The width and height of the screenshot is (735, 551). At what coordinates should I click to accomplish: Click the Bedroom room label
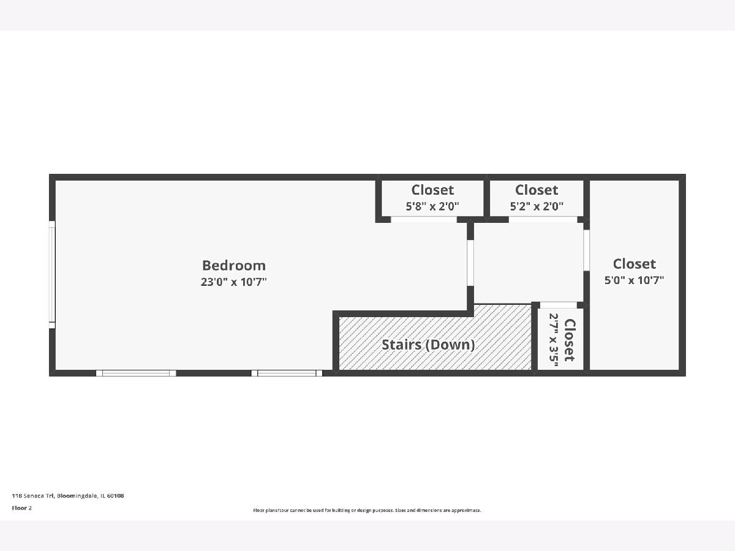point(234,265)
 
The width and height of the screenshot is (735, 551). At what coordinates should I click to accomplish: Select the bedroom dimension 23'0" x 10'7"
point(234,282)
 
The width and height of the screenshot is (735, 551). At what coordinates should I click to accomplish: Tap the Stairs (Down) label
point(428,345)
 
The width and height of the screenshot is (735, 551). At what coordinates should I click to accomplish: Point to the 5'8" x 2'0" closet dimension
point(432,206)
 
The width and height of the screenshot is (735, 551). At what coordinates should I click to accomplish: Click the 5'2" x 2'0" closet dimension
point(537,206)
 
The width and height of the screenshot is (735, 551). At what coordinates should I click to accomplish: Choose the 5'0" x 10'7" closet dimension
point(634,280)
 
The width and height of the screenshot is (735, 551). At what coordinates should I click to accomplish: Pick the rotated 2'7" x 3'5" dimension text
point(554,340)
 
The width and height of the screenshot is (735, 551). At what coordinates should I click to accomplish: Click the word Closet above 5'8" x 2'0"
point(432,190)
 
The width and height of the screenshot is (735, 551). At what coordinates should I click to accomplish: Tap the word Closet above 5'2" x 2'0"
point(537,190)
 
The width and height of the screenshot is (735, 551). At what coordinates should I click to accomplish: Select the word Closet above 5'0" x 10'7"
point(634,264)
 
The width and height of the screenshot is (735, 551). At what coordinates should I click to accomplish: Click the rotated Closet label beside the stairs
point(570,340)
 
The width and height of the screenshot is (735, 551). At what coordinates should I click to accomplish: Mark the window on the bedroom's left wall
point(52,275)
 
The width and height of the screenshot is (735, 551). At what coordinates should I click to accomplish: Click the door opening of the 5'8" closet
point(424,219)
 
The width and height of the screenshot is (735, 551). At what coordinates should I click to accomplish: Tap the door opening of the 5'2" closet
point(543,219)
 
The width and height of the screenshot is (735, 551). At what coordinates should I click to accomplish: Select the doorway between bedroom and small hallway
point(470,263)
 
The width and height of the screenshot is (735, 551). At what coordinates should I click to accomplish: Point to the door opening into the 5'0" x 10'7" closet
point(586,250)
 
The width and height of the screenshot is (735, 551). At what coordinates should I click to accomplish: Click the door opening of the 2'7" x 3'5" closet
point(558,305)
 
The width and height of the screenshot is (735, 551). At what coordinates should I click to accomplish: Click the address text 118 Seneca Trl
point(33,495)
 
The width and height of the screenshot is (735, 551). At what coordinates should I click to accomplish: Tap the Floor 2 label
point(22,508)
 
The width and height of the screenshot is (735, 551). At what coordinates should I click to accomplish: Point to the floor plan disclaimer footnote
point(367,510)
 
